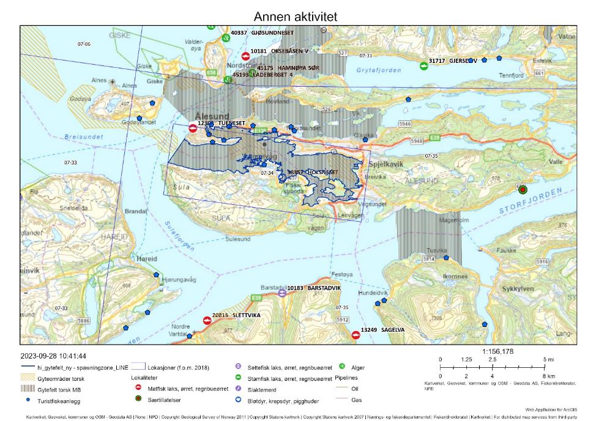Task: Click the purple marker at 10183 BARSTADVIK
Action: coord(282,293)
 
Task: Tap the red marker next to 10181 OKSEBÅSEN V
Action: coord(245,56)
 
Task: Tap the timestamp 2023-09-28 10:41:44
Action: coord(53,356)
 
